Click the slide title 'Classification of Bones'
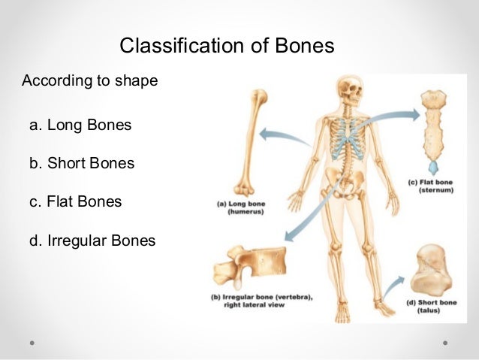click(x=226, y=47)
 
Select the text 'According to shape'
click(x=90, y=80)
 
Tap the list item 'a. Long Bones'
click(x=80, y=125)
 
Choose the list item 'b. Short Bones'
click(x=82, y=162)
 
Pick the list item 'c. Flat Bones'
click(x=75, y=201)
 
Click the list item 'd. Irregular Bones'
click(x=92, y=241)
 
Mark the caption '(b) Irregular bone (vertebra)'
click(x=261, y=300)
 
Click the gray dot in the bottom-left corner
click(x=32, y=341)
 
